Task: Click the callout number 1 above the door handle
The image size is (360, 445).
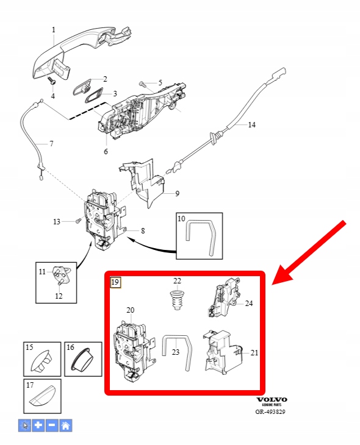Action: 54,30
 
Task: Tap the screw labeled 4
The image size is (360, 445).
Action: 52,80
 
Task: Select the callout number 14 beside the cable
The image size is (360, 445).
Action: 252,124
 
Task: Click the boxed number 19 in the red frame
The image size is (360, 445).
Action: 115,282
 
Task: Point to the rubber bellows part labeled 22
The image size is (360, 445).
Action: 177,301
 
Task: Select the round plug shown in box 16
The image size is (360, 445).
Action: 83,360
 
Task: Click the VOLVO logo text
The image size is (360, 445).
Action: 272,399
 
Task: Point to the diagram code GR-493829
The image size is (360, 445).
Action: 270,411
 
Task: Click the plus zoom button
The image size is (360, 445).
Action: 38,425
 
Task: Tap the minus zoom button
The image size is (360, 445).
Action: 52,425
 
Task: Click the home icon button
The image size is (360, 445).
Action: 66,425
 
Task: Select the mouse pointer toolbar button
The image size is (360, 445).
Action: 25,425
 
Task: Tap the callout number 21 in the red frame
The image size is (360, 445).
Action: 254,353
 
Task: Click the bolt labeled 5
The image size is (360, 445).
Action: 142,84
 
